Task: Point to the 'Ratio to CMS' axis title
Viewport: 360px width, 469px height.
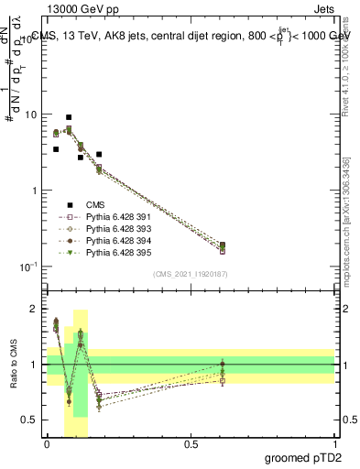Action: tap(12, 366)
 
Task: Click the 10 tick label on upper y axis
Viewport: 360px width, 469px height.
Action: tap(31, 115)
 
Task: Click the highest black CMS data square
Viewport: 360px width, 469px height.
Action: tap(69, 117)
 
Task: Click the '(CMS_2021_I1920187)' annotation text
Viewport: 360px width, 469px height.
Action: tap(190, 274)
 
